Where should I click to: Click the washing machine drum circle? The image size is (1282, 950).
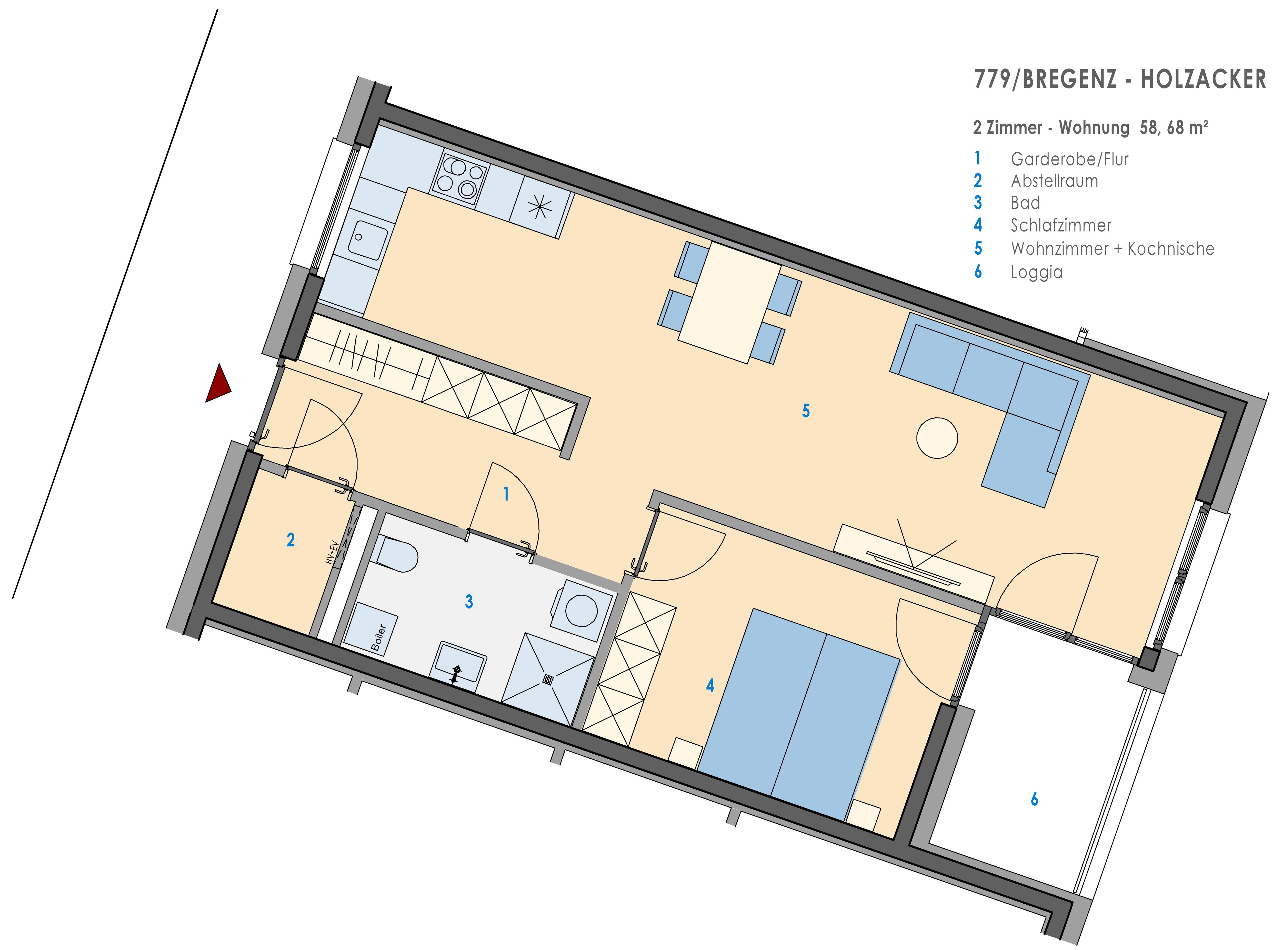pyautogui.click(x=581, y=610)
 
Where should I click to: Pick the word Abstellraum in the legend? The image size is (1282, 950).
pyautogui.click(x=1054, y=181)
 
